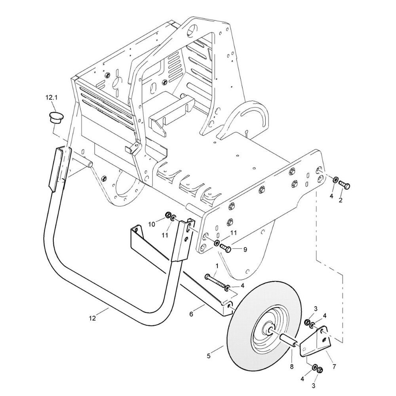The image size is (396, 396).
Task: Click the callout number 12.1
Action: [51, 97]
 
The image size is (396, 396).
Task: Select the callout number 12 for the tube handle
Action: [92, 318]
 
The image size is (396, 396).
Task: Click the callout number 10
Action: [151, 224]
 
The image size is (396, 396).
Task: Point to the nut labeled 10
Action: [167, 215]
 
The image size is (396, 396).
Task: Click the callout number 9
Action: [245, 249]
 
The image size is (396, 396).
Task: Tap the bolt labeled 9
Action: [226, 247]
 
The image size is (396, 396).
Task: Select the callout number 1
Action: [217, 266]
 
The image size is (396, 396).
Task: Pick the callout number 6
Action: [191, 314]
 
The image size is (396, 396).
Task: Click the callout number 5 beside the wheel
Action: [209, 356]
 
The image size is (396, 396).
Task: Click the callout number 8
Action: [292, 367]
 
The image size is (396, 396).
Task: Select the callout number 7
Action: [334, 366]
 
